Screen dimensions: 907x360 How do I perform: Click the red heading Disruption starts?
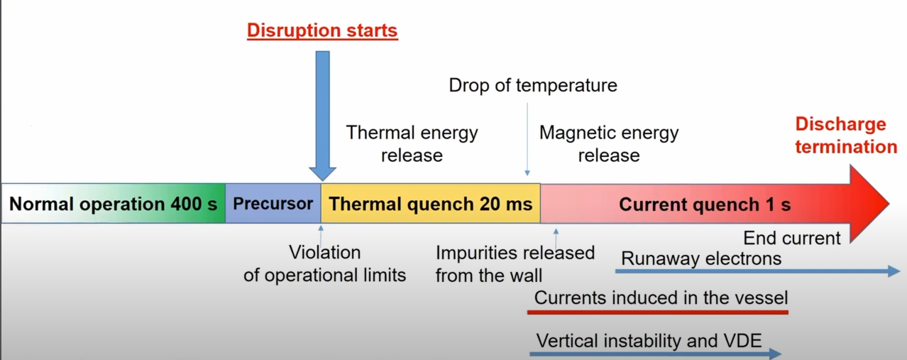(x=322, y=31)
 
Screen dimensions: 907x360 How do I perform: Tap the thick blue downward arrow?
(x=322, y=116)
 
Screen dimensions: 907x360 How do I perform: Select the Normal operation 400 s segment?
(x=114, y=203)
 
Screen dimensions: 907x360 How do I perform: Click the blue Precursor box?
(x=273, y=203)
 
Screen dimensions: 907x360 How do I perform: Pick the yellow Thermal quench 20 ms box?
(x=430, y=203)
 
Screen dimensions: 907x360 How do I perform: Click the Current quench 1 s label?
(x=705, y=204)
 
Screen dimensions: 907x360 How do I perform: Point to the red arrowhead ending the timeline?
(x=869, y=204)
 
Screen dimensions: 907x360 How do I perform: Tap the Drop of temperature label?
(x=533, y=85)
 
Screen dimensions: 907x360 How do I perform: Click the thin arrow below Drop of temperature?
(x=527, y=139)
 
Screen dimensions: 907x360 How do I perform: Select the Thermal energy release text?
(x=412, y=143)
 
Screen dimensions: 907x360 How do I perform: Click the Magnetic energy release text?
(x=609, y=143)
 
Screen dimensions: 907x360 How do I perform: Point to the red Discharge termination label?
(x=846, y=135)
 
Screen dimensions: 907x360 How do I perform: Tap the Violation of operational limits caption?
(x=325, y=263)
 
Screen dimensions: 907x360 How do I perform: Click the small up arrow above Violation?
(x=321, y=235)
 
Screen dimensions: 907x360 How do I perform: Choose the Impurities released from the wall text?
(x=515, y=264)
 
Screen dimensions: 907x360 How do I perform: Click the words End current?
(x=792, y=238)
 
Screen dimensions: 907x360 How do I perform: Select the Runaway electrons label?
(x=701, y=258)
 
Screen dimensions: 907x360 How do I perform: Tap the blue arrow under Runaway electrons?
(x=757, y=271)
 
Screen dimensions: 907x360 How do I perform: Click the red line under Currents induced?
(x=658, y=312)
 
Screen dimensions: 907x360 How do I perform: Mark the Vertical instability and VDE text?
(x=649, y=341)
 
